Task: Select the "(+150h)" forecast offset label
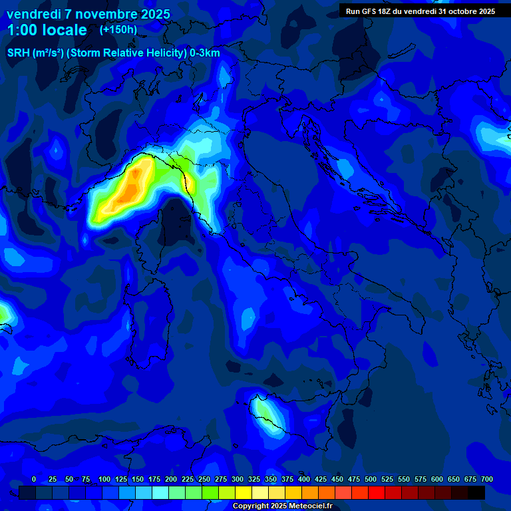118,29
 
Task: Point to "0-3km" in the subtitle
205,53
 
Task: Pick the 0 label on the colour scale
34,479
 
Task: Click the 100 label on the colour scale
104,479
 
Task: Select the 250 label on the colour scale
204,479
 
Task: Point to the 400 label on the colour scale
304,479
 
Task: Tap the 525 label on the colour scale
387,479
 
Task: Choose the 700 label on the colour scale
487,479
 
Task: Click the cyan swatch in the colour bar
160,493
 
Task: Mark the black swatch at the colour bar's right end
476,493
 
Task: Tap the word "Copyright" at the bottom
252,506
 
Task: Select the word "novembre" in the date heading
104,14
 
